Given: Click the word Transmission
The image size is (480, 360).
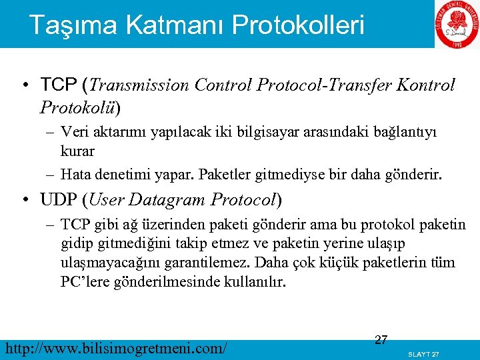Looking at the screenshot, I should coord(139,85).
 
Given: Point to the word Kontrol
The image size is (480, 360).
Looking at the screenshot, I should coord(425,85).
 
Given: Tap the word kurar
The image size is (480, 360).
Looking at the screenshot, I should coord(77,151).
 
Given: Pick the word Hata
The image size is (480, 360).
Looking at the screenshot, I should coord(76,175).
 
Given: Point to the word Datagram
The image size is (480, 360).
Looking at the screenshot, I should coord(169,199).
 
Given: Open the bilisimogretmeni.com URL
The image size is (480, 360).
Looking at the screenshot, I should coord(115,348).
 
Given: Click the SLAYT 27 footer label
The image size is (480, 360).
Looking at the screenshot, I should coord(423,353).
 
